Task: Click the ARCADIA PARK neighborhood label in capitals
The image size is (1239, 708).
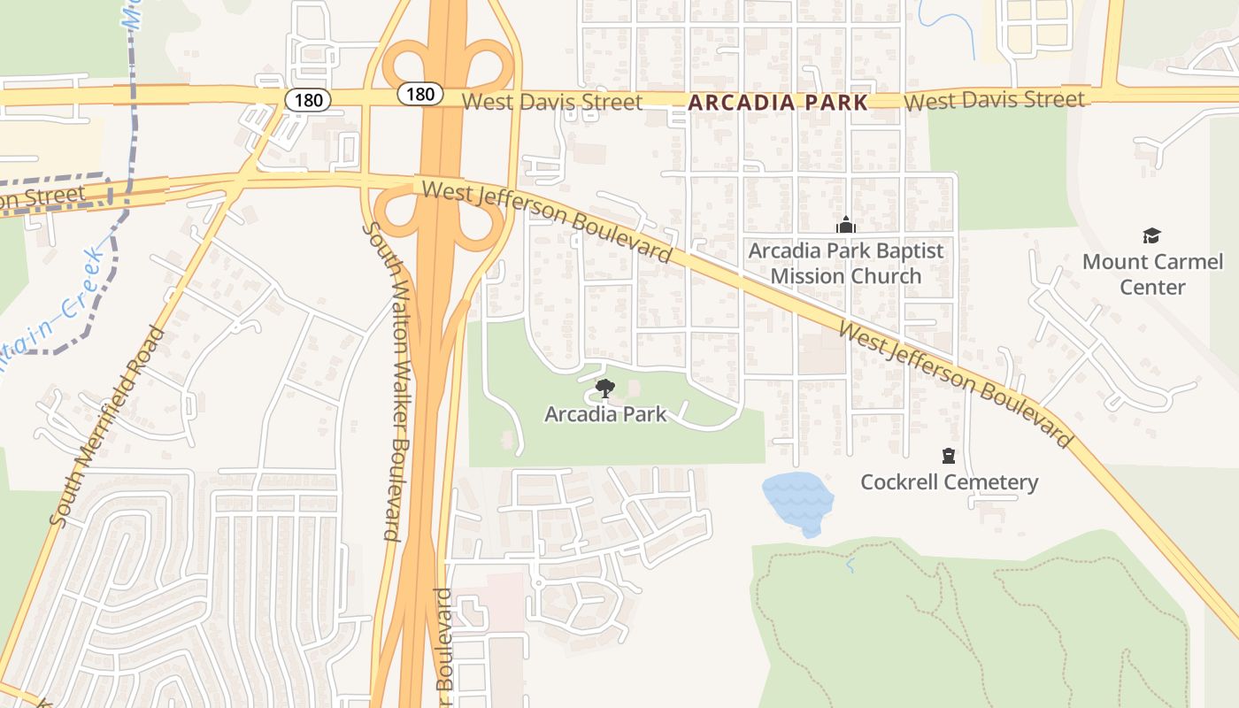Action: [x=778, y=102]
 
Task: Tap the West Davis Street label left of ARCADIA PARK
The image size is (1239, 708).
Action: [x=552, y=102]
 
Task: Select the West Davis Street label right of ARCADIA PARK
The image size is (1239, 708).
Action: [x=995, y=100]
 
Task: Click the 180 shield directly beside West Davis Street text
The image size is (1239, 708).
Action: [x=419, y=94]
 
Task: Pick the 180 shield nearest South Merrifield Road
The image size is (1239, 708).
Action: [x=308, y=100]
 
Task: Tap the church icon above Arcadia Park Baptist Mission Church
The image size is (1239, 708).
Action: [x=845, y=225]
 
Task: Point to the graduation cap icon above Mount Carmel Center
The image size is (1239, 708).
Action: [x=1150, y=235]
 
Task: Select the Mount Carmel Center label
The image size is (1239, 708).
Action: [x=1152, y=274]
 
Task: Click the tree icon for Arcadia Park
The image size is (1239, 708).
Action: [x=605, y=388]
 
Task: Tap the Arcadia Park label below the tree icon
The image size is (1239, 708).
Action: [x=605, y=413]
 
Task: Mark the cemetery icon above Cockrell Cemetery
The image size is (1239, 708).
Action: [x=949, y=457]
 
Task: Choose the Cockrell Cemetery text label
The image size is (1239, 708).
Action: [x=949, y=482]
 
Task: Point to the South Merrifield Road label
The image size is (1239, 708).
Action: [x=109, y=427]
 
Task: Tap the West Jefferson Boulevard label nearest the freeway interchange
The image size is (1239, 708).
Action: [x=546, y=220]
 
